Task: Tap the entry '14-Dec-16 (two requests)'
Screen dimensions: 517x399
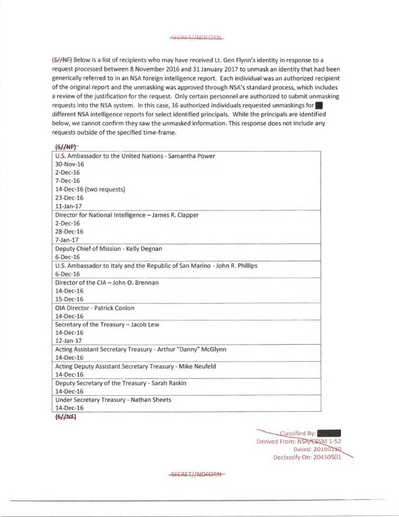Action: (90, 190)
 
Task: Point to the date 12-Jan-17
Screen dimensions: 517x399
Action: (68, 341)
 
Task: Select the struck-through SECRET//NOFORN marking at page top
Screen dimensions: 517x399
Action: (196, 37)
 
